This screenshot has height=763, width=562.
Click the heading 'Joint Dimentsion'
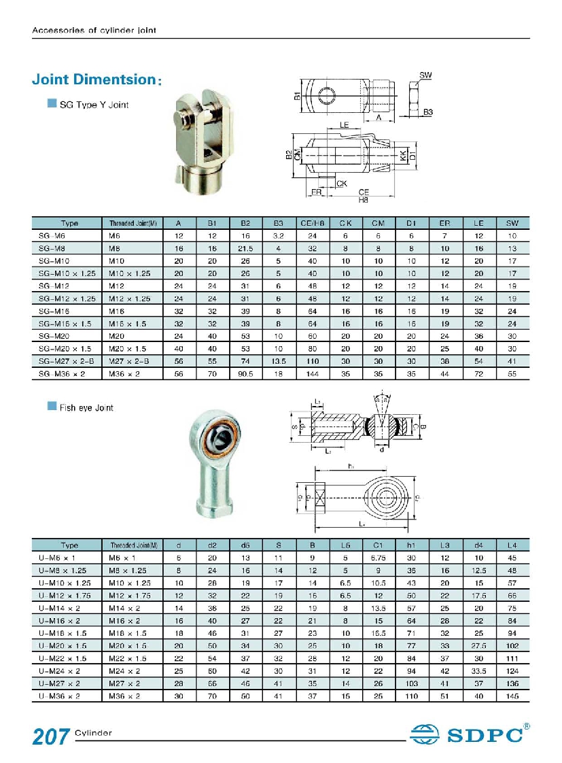pyautogui.click(x=94, y=80)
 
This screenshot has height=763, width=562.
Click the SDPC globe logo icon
pyautogui.click(x=426, y=734)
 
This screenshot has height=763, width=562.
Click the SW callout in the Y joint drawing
pyautogui.click(x=426, y=75)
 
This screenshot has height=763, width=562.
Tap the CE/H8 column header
pyautogui.click(x=313, y=223)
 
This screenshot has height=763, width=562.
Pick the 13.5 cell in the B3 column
pyautogui.click(x=278, y=361)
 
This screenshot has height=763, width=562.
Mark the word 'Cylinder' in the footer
pyautogui.click(x=93, y=733)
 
